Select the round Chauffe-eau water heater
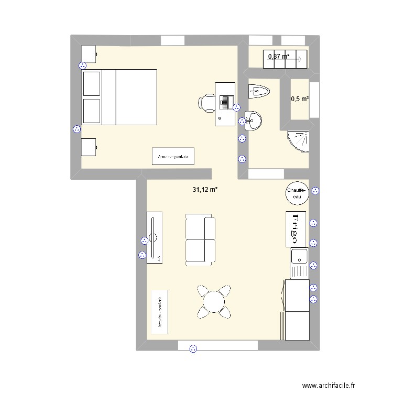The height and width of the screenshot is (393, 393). (x=297, y=193)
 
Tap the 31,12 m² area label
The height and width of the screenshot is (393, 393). (x=204, y=190)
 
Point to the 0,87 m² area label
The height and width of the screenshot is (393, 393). (x=279, y=56)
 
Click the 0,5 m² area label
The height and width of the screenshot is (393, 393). (x=300, y=99)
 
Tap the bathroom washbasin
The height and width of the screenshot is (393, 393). (x=254, y=121)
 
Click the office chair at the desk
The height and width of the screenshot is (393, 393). (x=208, y=103)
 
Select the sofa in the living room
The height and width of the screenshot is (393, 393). (x=200, y=239)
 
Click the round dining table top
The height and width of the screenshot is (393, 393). (x=213, y=301)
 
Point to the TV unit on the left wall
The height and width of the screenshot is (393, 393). (x=155, y=237)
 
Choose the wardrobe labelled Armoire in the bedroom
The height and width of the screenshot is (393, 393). (x=173, y=156)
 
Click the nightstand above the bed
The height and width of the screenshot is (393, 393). (x=89, y=53)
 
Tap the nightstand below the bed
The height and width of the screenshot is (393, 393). (x=89, y=147)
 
